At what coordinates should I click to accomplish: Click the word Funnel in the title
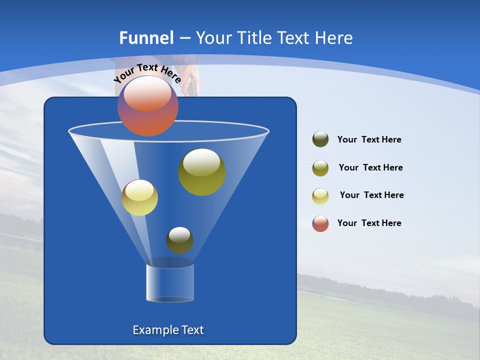(146, 38)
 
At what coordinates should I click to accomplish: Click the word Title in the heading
(253, 38)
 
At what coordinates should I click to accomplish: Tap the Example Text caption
(168, 330)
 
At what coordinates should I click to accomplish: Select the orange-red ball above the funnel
(147, 106)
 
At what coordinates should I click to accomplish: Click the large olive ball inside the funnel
(201, 171)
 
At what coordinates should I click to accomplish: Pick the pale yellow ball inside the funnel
(139, 197)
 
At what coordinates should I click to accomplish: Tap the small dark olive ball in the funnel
(179, 240)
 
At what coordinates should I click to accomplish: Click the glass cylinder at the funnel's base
(170, 282)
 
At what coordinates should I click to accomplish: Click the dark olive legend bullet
(320, 139)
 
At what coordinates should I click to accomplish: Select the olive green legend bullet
(320, 168)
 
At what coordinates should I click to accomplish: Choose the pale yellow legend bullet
(320, 196)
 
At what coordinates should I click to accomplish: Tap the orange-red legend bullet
(320, 223)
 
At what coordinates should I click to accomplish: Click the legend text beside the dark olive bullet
(369, 140)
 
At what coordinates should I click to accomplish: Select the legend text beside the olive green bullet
(370, 168)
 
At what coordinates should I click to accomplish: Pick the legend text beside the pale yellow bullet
(371, 195)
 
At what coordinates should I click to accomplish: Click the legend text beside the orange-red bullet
(369, 223)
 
